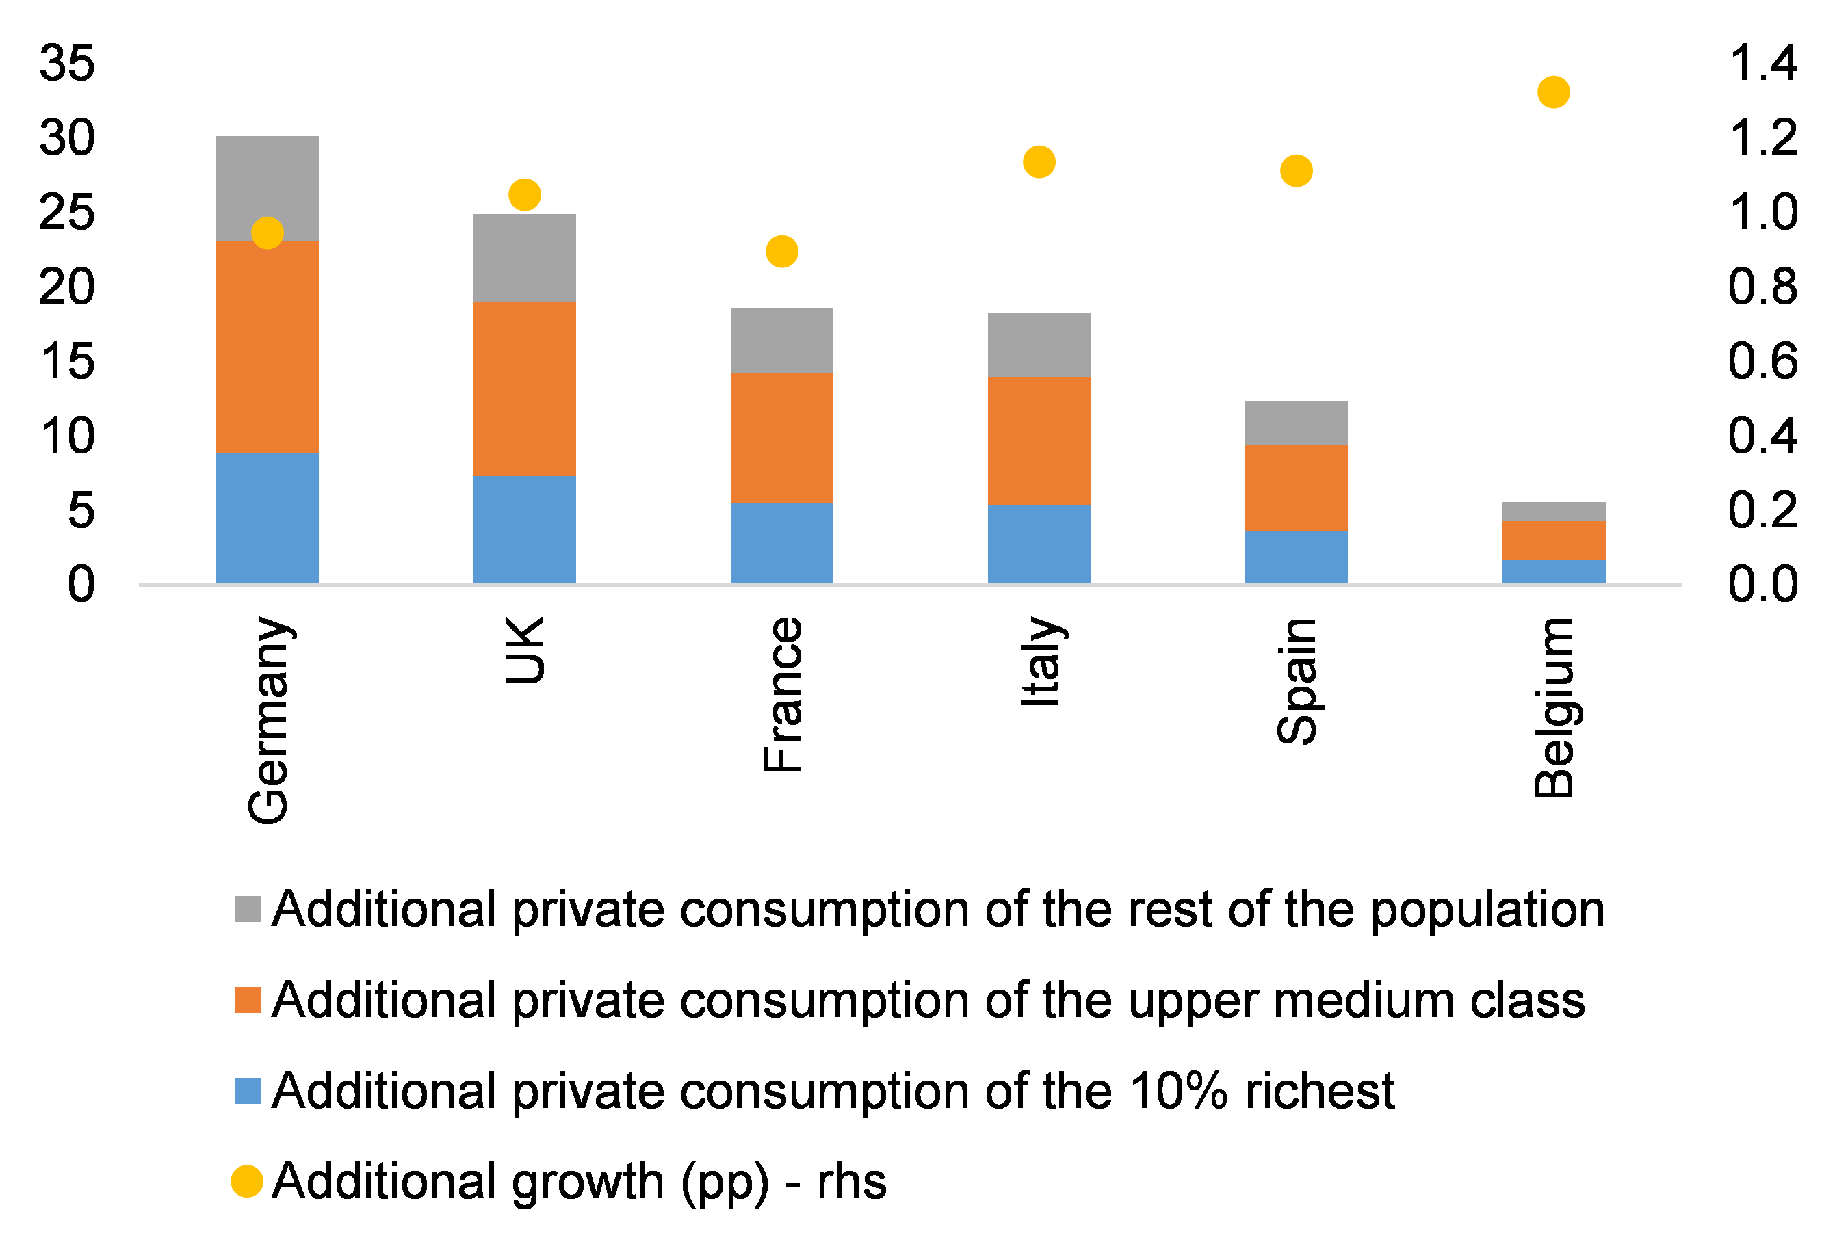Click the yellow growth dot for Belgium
click(x=1553, y=92)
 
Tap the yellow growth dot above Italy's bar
click(x=1039, y=162)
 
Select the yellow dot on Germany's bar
click(x=268, y=233)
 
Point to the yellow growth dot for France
click(x=782, y=252)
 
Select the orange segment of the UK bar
click(x=524, y=388)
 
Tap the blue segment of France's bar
click(x=782, y=543)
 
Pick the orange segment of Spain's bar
click(x=1296, y=487)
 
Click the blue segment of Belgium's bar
click(x=1553, y=571)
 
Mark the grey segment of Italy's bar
click(x=1039, y=345)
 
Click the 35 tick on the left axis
click(x=67, y=63)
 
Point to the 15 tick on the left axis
click(x=67, y=362)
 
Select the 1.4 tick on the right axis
click(x=1762, y=63)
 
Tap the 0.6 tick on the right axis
click(x=1762, y=361)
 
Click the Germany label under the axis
click(x=268, y=720)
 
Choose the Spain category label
click(x=1296, y=681)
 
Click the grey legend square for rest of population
click(x=247, y=909)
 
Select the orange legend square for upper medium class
click(x=247, y=999)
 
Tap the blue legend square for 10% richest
click(x=247, y=1090)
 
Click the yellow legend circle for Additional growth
click(x=247, y=1181)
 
